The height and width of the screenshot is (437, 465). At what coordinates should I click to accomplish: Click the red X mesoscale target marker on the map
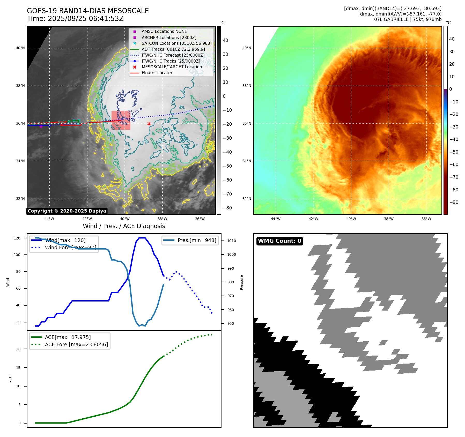[x=149, y=124]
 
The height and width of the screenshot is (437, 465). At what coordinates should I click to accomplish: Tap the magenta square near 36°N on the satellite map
[x=41, y=126]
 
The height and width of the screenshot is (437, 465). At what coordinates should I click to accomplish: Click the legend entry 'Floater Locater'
[x=157, y=73]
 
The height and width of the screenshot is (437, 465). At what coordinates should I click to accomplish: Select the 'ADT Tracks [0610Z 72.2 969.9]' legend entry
[x=173, y=49]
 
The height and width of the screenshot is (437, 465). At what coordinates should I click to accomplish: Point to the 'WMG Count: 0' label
[x=279, y=241]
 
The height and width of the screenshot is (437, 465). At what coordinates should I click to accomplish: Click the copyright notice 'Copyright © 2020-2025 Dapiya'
[x=67, y=211]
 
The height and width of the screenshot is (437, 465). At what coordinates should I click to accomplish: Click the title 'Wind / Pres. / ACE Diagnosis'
[x=124, y=226]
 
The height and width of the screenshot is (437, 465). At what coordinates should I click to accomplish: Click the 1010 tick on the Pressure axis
[x=232, y=241]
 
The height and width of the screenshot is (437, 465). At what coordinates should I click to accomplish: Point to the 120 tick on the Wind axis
[x=17, y=238]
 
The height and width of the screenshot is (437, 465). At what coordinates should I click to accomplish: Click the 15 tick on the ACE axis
[x=18, y=368]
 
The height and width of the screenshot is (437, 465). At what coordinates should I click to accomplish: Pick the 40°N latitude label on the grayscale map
[x=20, y=48]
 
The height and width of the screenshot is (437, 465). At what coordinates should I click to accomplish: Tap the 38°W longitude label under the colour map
[x=389, y=219]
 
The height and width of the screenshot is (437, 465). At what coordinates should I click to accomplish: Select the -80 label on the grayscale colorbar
[x=227, y=208]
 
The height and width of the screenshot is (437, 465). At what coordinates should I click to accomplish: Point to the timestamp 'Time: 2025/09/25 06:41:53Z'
[x=75, y=19]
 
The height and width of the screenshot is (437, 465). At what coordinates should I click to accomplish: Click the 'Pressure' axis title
[x=241, y=282]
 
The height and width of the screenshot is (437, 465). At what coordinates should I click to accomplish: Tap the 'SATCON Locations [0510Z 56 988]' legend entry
[x=176, y=43]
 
